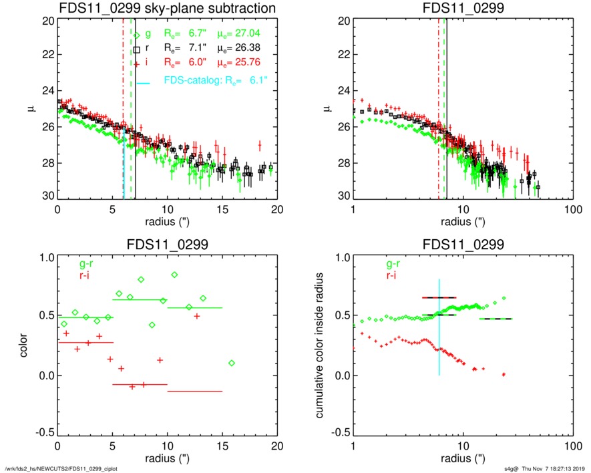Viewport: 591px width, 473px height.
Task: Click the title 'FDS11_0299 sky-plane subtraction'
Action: (167, 8)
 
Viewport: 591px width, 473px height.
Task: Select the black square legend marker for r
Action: (137, 49)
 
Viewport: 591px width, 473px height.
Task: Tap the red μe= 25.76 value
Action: (238, 63)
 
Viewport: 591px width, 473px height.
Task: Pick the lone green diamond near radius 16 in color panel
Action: (231, 363)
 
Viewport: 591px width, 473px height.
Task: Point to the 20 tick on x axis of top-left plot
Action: (278, 208)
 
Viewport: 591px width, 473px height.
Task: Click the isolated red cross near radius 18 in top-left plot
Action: (259, 145)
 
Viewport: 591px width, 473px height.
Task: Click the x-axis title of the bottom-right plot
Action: (461, 458)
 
